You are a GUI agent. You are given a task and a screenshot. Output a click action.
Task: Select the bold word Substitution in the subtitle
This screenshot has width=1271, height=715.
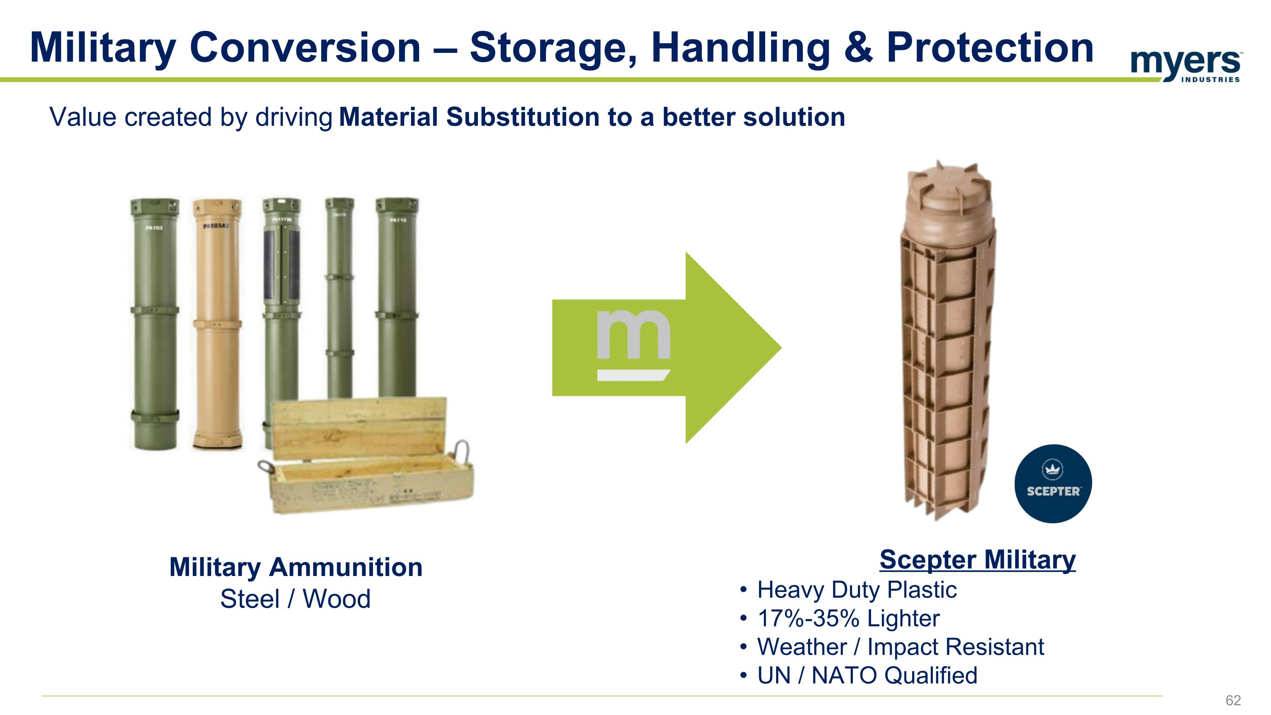(x=522, y=117)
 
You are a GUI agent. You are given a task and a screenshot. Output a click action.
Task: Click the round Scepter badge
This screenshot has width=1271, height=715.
(x=1052, y=483)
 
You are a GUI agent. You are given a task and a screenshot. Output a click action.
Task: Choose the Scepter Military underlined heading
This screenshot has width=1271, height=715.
(x=977, y=559)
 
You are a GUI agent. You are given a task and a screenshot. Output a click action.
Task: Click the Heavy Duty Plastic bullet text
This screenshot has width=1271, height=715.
(x=857, y=590)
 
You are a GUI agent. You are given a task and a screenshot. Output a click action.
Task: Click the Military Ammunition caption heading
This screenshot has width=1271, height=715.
(x=296, y=567)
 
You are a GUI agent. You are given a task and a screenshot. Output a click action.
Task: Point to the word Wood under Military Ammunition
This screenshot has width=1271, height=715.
(x=336, y=599)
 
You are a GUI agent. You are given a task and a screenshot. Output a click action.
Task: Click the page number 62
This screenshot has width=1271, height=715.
(x=1232, y=700)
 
